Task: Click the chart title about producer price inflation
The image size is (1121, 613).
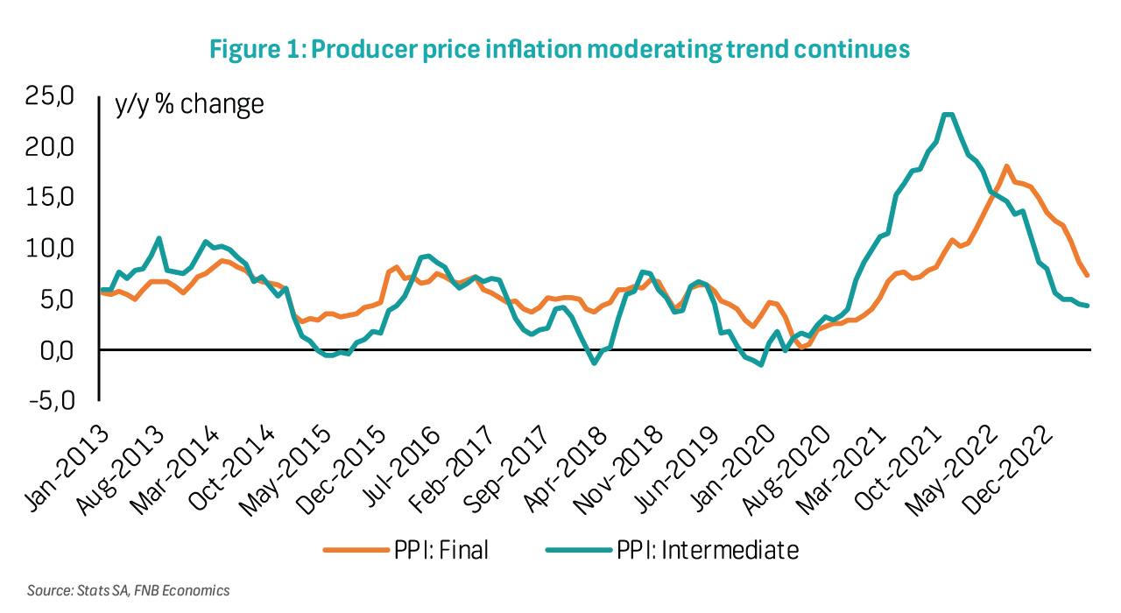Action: point(560,49)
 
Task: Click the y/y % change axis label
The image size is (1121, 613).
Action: point(189,104)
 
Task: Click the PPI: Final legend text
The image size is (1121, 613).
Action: point(442,550)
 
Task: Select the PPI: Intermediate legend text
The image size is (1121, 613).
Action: point(708,550)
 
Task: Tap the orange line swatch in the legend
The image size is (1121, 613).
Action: point(356,550)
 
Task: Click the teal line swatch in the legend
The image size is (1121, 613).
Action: point(578,550)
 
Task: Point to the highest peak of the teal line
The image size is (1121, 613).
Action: point(947,115)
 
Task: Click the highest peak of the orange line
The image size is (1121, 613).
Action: point(1007,166)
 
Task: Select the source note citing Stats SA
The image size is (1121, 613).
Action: point(128,590)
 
